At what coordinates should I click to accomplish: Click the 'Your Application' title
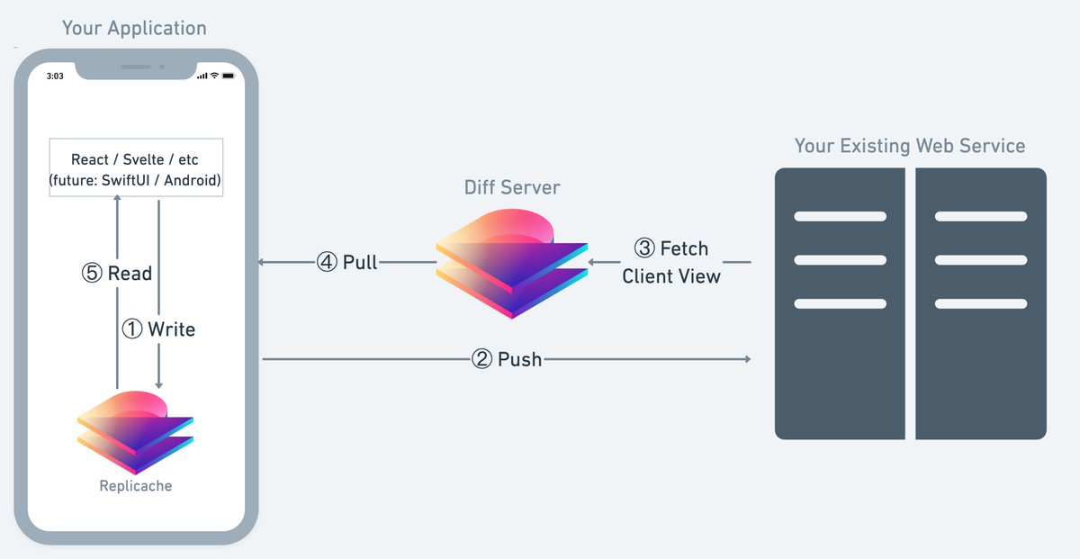click(134, 29)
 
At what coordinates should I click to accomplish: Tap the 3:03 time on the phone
click(55, 77)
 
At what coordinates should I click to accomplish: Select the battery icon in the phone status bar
click(229, 76)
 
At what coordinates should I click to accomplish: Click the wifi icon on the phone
click(214, 76)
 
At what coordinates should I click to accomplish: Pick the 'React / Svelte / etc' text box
click(136, 167)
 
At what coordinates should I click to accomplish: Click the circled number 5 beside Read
click(92, 273)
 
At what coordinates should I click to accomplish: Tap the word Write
click(172, 329)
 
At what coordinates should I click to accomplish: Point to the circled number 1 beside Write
click(132, 329)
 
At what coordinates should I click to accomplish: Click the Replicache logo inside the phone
click(136, 433)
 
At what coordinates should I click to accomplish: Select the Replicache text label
click(136, 486)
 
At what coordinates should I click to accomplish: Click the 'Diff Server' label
click(512, 187)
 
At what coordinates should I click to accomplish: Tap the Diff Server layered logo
click(512, 264)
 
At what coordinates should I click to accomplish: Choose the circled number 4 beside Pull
click(327, 262)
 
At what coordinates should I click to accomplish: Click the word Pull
click(360, 262)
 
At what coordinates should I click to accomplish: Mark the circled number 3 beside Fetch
click(644, 248)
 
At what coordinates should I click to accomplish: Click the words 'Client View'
click(671, 276)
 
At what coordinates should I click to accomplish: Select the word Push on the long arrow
click(520, 359)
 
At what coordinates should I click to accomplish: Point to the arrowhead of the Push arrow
click(748, 359)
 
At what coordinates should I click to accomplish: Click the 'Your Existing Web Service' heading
click(910, 146)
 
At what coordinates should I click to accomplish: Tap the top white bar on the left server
click(841, 216)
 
